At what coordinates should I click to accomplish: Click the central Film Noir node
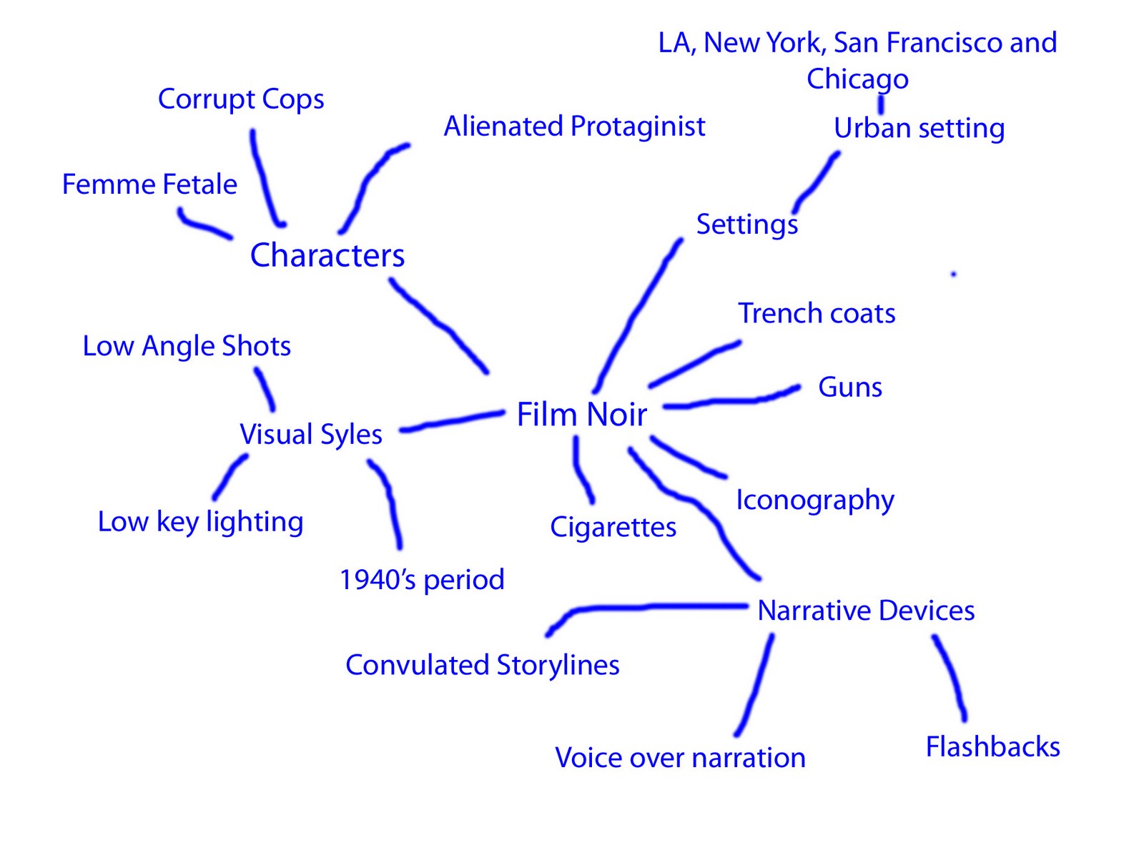[581, 415]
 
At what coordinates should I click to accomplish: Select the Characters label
[327, 256]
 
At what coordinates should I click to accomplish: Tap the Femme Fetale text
[149, 184]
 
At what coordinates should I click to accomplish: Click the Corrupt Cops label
[241, 99]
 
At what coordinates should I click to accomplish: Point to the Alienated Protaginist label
[574, 127]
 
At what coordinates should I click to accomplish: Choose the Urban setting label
[919, 129]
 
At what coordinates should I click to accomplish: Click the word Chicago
[857, 79]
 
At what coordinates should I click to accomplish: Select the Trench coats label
[817, 314]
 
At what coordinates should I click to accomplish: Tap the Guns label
[849, 388]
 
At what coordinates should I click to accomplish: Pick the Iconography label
[815, 500]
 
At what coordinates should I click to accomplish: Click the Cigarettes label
[613, 528]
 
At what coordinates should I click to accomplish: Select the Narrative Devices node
[866, 611]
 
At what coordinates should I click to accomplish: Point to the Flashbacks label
[992, 747]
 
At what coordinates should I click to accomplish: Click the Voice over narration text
[680, 758]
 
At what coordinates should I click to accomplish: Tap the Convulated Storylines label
[482, 666]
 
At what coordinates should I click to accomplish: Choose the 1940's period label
[422, 580]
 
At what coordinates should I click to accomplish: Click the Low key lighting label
[200, 522]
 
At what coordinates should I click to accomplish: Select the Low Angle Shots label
[187, 346]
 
